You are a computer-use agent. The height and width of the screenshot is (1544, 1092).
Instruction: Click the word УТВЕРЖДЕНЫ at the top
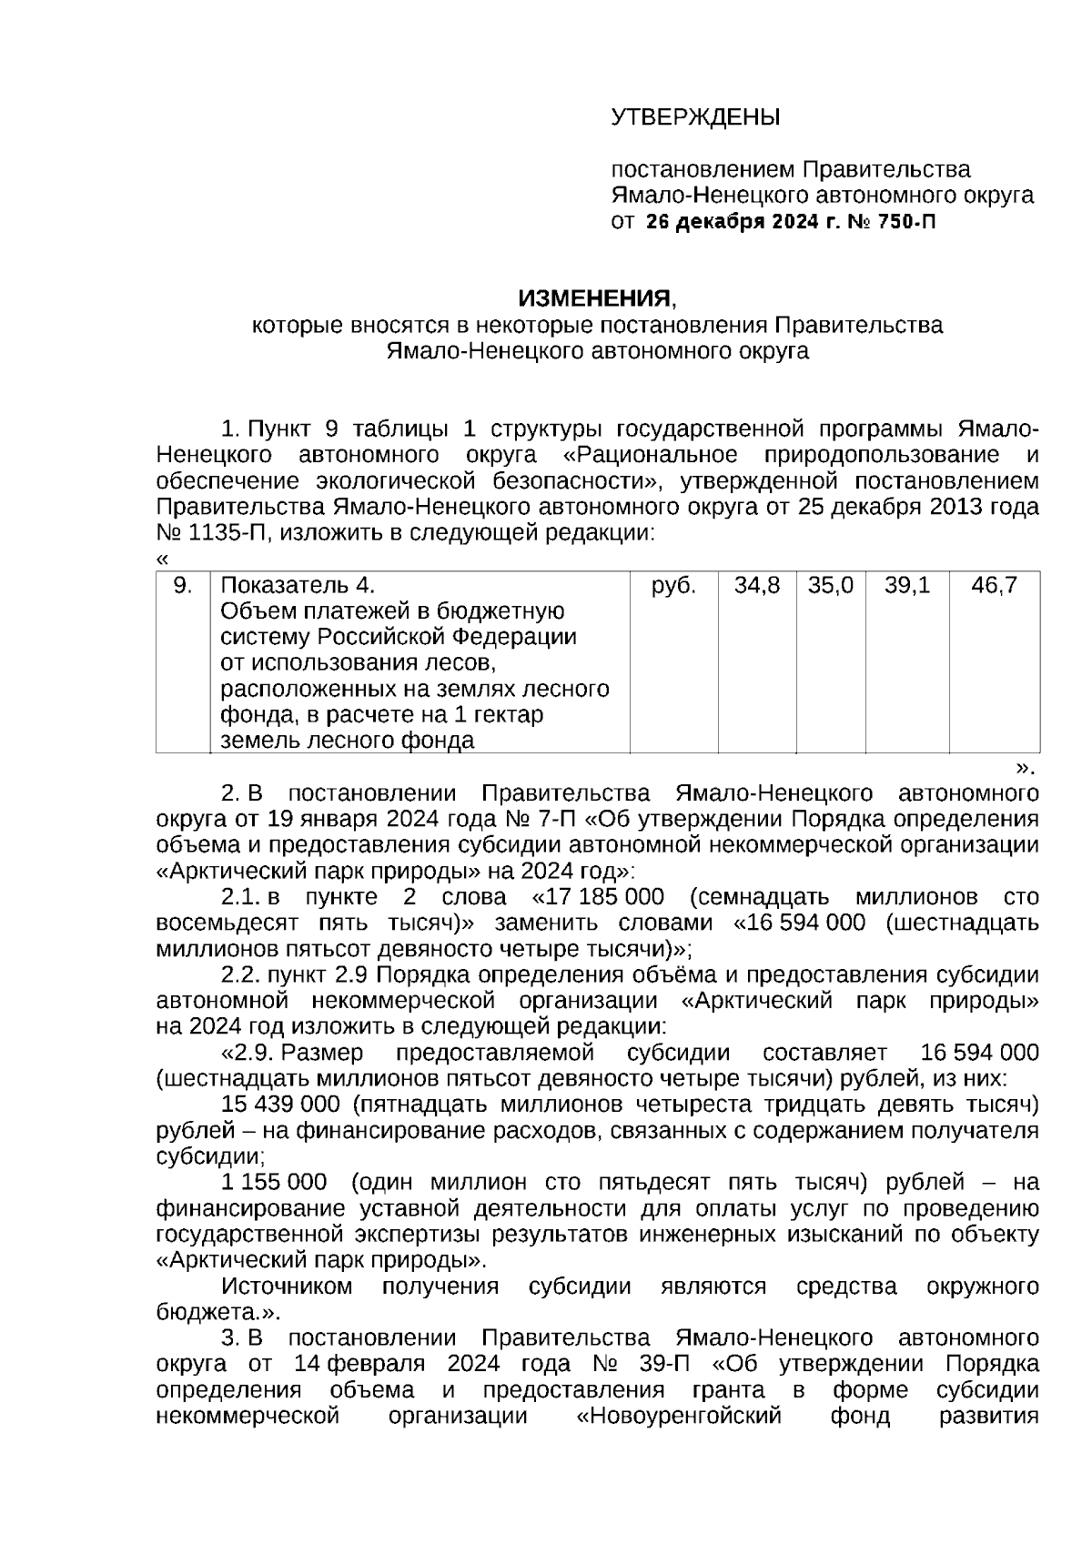(x=695, y=118)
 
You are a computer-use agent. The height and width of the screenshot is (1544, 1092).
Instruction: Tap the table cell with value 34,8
(x=757, y=586)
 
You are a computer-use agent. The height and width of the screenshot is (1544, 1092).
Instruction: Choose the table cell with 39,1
(x=907, y=586)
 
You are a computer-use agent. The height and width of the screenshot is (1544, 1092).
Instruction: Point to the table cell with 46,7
(x=994, y=586)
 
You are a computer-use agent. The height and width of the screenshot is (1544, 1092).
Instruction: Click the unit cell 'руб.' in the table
(x=673, y=586)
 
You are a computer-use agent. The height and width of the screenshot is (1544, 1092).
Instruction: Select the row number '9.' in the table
(x=183, y=586)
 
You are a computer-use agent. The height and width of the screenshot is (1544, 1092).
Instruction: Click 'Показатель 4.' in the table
(x=298, y=586)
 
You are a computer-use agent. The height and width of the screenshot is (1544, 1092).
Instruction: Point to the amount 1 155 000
(x=274, y=1183)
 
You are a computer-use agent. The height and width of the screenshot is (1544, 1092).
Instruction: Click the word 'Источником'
(x=288, y=1287)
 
